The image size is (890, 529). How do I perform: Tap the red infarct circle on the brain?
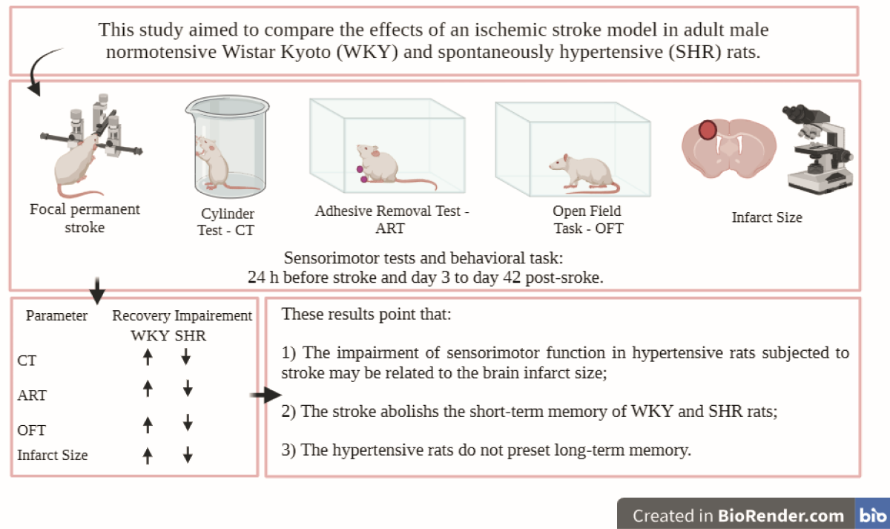[708, 131]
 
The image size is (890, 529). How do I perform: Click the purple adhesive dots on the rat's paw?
[361, 174]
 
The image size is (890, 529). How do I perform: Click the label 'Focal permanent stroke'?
[84, 218]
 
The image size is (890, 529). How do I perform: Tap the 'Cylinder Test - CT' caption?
[225, 223]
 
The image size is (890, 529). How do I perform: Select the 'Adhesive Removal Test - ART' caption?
[392, 220]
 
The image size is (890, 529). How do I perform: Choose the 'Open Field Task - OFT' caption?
[587, 220]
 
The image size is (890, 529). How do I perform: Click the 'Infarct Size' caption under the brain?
[767, 217]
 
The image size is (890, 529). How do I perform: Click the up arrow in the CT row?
[148, 358]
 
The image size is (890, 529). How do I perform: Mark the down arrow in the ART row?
[188, 388]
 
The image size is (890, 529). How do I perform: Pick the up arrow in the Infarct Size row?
[148, 454]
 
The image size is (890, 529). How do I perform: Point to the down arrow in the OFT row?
[188, 423]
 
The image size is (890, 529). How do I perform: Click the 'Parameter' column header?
[56, 315]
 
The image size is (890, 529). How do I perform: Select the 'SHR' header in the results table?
[191, 335]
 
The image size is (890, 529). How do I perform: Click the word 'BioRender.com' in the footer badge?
[781, 516]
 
